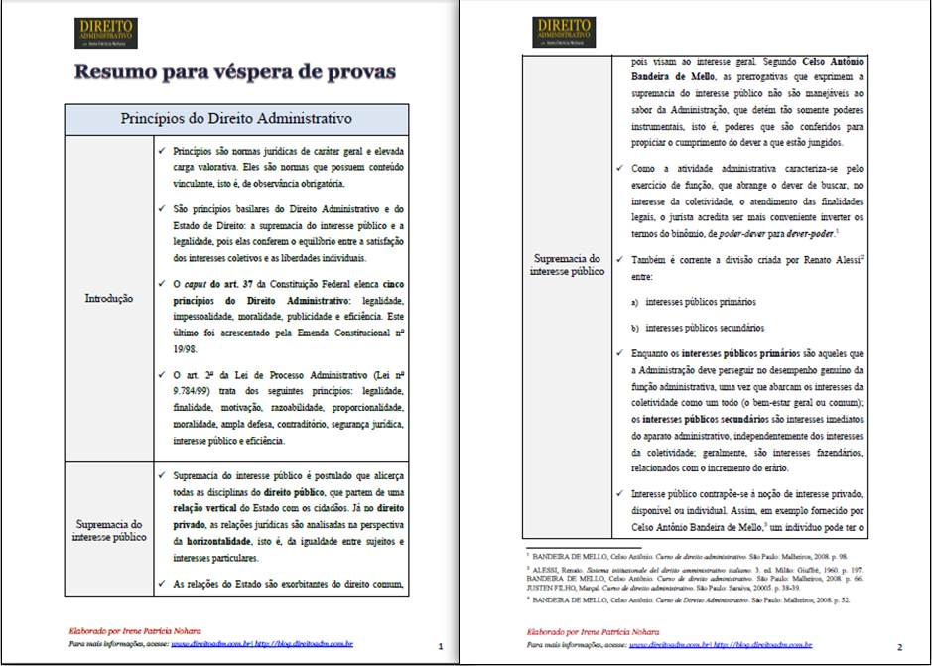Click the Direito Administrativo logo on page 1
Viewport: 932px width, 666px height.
105,33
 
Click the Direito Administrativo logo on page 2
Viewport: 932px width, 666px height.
563,33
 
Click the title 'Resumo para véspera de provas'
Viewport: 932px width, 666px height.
235,72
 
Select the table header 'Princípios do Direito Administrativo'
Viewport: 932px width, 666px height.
236,119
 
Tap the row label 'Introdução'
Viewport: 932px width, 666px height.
109,298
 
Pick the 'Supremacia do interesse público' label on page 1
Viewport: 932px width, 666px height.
109,530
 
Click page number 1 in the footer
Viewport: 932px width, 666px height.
439,646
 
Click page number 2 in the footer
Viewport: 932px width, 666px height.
897,646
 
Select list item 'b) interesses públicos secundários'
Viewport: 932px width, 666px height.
698,328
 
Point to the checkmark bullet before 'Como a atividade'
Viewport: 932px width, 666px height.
620,169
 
